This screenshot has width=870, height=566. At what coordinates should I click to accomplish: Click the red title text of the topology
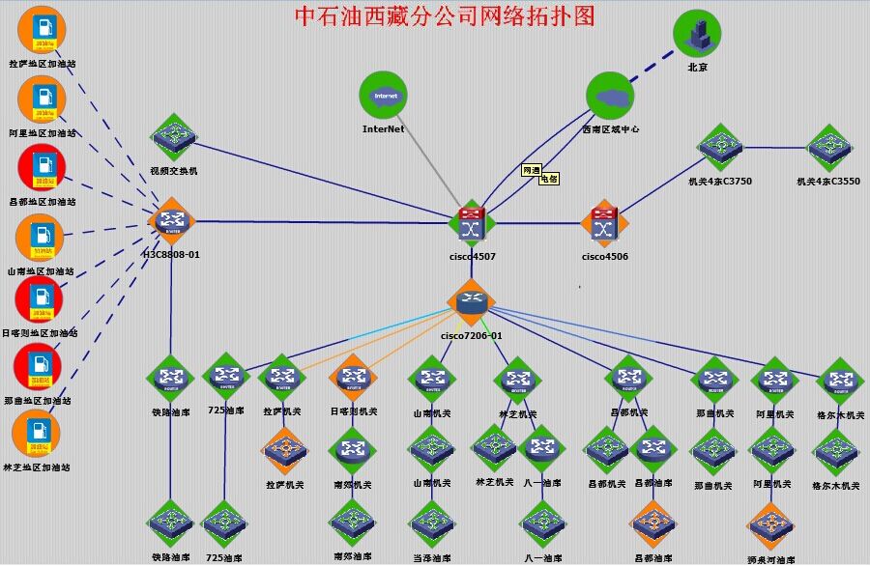click(x=444, y=15)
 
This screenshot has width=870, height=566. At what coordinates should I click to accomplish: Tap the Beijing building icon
click(x=697, y=34)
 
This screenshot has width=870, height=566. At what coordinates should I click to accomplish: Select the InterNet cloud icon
click(x=384, y=97)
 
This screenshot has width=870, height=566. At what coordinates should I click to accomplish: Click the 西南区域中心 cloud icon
click(x=610, y=99)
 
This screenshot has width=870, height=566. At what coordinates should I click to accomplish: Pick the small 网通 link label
click(x=532, y=170)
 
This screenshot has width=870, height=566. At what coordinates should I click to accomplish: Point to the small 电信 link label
click(x=549, y=179)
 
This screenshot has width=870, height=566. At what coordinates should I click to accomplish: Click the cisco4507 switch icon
click(x=472, y=224)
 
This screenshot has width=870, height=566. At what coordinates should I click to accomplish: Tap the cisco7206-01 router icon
click(x=471, y=302)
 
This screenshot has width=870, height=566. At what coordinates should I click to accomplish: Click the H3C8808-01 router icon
click(x=172, y=221)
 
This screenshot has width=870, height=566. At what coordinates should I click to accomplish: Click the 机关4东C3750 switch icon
click(x=720, y=147)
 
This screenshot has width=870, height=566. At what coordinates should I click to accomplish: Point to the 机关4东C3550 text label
click(x=827, y=181)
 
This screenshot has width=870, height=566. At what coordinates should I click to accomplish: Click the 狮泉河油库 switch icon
click(x=770, y=526)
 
